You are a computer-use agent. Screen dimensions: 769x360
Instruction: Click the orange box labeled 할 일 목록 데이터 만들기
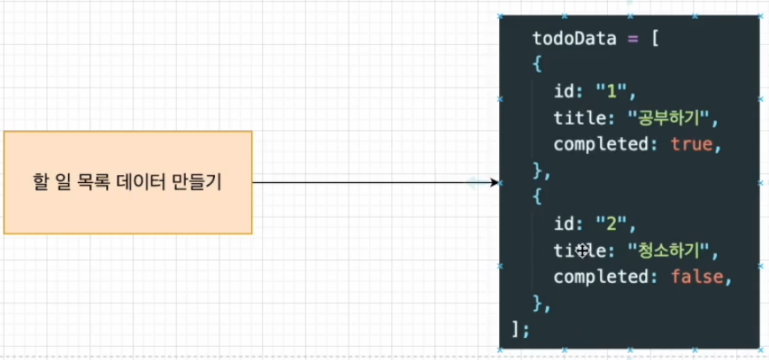click(127, 182)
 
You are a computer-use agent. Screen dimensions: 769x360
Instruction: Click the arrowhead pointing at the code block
click(492, 183)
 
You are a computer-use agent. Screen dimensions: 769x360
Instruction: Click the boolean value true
click(690, 143)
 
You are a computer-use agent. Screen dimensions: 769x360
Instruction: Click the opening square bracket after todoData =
click(652, 39)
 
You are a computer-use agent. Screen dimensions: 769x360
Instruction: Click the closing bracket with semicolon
click(520, 329)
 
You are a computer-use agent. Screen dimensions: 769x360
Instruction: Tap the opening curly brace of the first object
click(536, 65)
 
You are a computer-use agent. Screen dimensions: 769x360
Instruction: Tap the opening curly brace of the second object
click(536, 196)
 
